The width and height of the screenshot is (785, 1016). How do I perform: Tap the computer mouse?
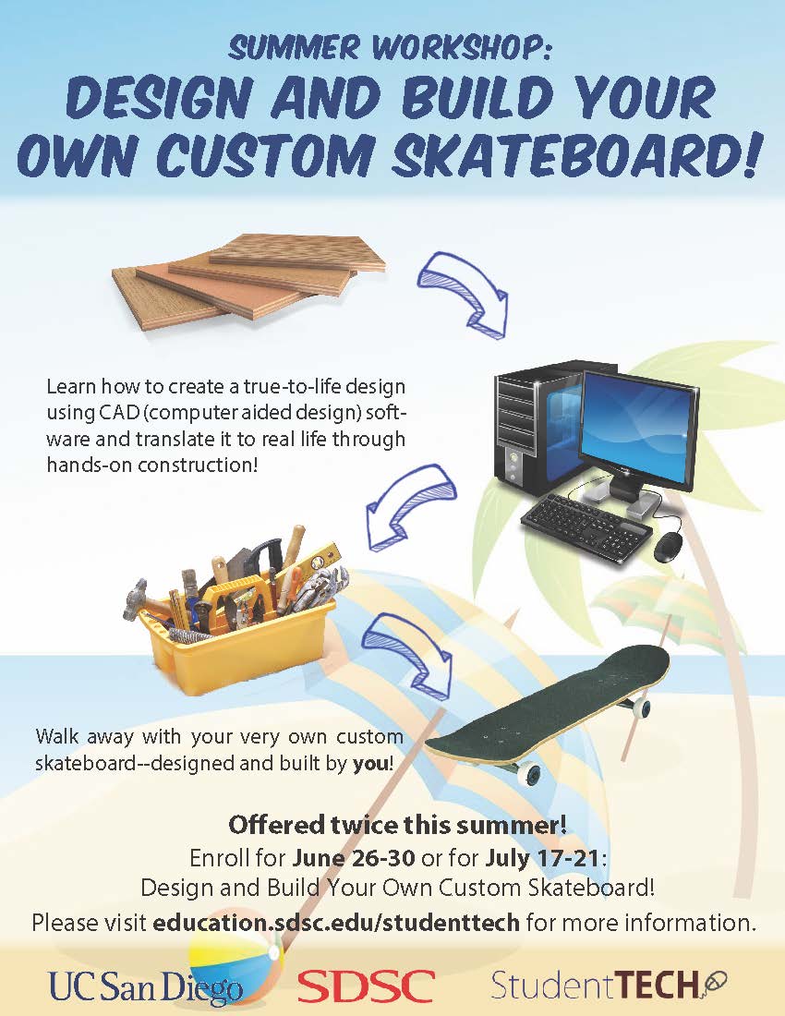click(667, 549)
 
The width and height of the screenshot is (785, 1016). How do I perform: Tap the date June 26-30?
click(354, 858)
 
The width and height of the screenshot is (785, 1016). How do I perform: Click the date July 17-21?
click(542, 858)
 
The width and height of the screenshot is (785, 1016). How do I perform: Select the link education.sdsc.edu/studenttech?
click(336, 922)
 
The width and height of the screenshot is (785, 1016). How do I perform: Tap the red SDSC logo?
click(366, 986)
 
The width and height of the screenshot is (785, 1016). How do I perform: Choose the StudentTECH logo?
click(609, 985)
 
